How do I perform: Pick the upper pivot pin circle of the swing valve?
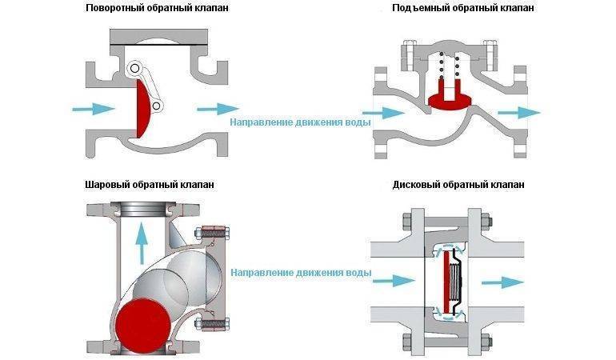(x=134, y=68)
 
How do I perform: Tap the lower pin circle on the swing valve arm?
(x=157, y=106)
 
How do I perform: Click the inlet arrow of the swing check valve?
(x=94, y=109)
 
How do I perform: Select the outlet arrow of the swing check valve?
(x=218, y=109)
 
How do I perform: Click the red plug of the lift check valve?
(x=450, y=96)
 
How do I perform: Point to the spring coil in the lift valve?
(x=450, y=65)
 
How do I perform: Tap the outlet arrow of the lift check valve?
(x=519, y=113)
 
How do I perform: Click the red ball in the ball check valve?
(x=144, y=324)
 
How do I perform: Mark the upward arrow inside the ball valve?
(x=142, y=242)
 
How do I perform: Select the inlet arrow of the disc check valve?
(x=394, y=281)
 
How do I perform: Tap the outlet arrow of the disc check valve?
(x=503, y=282)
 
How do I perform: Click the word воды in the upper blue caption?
(x=358, y=122)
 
